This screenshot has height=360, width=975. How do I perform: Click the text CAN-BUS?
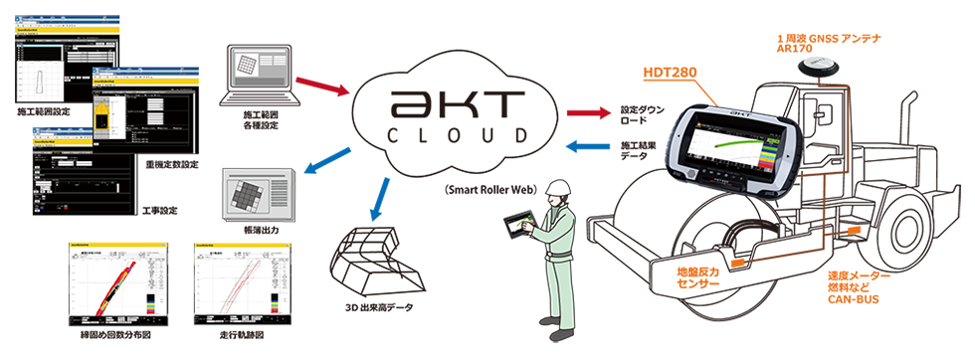853,297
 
